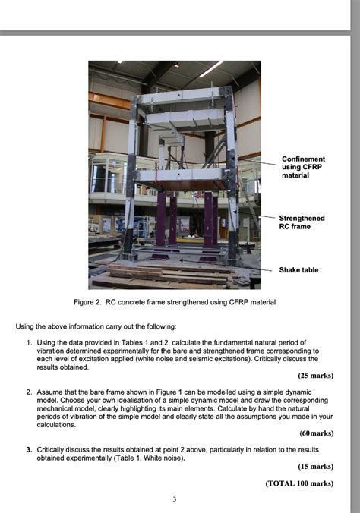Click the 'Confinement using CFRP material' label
[303, 167]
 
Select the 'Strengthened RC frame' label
[302, 222]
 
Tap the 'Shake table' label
[298, 270]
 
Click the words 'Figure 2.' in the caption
[87, 302]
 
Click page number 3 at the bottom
[174, 499]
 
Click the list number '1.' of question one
[30, 343]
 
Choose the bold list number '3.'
[30, 449]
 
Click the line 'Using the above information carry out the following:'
[96, 326]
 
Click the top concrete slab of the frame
[180, 96]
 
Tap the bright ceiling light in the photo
[210, 68]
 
